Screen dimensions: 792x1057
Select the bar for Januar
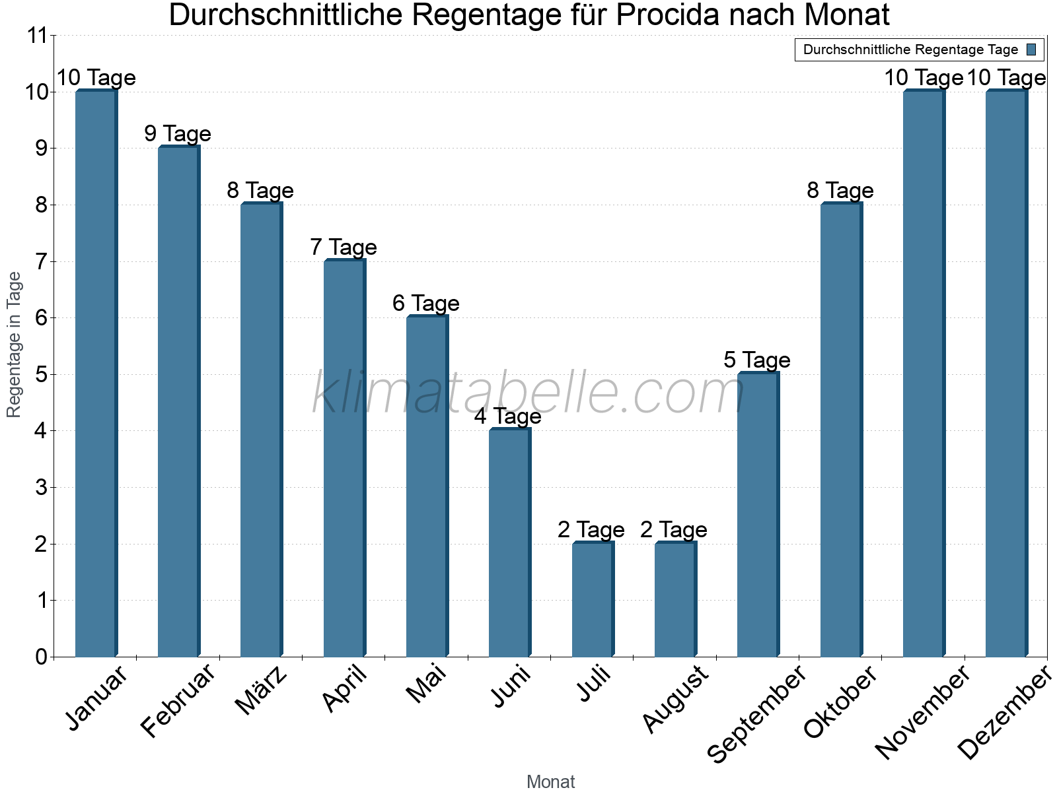[95, 374]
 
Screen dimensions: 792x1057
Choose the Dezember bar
[1005, 374]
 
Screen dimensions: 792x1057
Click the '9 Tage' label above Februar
[178, 134]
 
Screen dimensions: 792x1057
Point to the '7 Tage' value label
[344, 247]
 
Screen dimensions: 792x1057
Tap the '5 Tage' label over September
[757, 360]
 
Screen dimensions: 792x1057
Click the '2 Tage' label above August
[674, 530]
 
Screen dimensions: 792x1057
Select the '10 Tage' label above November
[924, 78]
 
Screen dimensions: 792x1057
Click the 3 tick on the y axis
[42, 488]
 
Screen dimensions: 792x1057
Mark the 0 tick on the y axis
[42, 657]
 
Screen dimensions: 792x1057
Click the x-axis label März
[262, 690]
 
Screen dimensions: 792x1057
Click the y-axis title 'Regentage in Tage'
[15, 345]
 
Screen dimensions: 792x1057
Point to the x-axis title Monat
[550, 781]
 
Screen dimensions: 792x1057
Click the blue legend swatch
[1031, 49]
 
